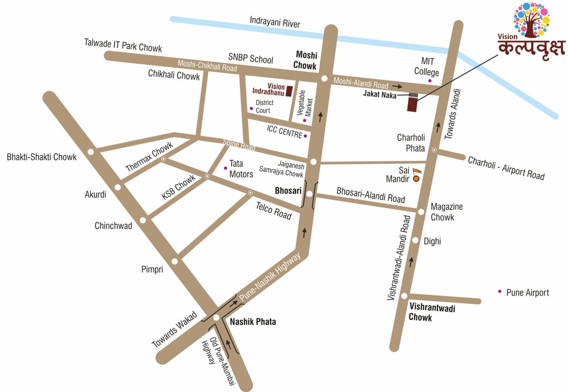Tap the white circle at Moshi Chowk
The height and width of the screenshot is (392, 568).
point(324,79)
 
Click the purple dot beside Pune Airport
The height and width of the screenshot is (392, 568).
point(500,292)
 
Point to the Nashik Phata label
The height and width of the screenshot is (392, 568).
point(253,322)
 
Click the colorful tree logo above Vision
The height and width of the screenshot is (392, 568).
point(531,20)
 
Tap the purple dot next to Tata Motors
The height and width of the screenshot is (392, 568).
point(226,167)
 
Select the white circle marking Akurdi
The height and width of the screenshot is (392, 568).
point(118,187)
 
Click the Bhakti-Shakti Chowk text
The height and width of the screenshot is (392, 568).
point(42,157)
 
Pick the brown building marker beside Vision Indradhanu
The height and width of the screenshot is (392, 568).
point(289,91)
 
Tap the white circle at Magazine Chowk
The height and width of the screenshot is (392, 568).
point(421,212)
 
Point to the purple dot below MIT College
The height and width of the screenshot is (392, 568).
point(430,81)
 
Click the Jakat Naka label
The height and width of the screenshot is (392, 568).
point(379,94)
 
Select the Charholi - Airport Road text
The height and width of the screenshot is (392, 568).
point(506,168)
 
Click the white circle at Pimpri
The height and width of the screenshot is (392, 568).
point(175,261)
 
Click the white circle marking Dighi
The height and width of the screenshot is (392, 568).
point(416,240)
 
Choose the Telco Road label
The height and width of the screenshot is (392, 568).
point(273,209)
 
